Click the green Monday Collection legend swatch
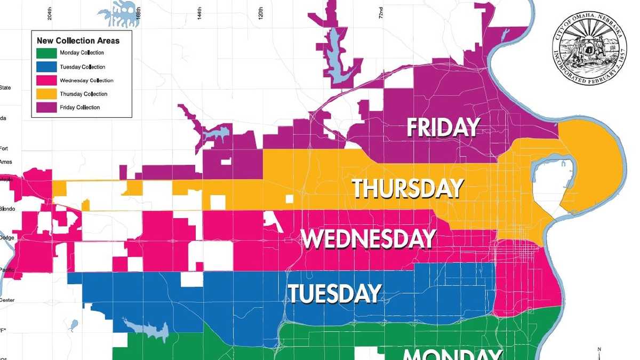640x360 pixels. (46, 53)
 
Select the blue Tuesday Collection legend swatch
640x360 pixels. (46, 67)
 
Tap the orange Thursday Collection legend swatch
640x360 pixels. (46, 94)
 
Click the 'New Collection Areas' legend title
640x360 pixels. (78, 41)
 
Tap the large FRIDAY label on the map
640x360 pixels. (443, 128)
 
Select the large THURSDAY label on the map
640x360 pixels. (407, 189)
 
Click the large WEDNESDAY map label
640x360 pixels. (369, 239)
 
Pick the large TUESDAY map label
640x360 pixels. (335, 293)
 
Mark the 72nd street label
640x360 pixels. (381, 12)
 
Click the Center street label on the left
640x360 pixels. (7, 300)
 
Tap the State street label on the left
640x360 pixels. (5, 88)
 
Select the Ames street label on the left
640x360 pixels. (6, 162)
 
